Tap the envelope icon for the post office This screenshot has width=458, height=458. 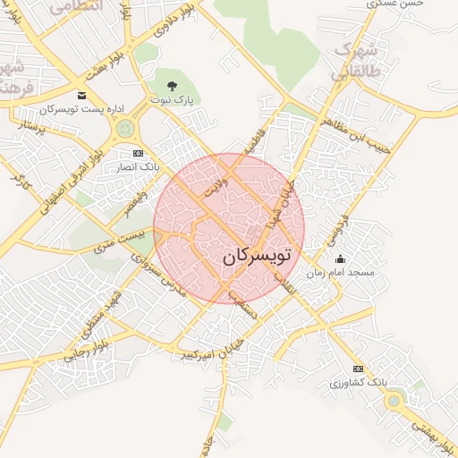click(x=81, y=96)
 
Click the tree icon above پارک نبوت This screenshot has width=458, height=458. click(x=172, y=86)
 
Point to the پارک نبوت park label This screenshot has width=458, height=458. click(x=172, y=99)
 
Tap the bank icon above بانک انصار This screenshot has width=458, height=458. click(x=137, y=153)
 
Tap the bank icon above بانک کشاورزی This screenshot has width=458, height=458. click(x=359, y=369)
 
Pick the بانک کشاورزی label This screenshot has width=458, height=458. click(x=359, y=382)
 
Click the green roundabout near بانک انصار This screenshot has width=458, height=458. click(x=123, y=131)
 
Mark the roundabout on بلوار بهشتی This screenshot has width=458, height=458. click(x=394, y=402)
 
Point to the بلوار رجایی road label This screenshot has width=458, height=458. click(x=79, y=348)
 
